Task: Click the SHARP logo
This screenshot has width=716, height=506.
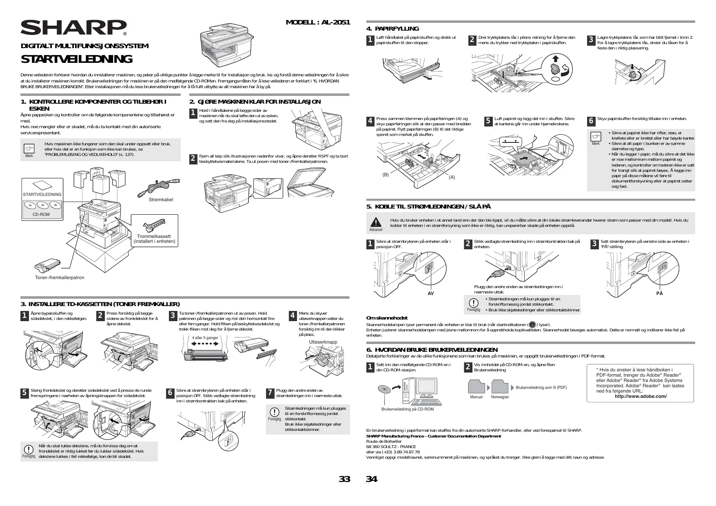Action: point(73,28)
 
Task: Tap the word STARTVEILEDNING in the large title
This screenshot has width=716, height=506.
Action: point(77,60)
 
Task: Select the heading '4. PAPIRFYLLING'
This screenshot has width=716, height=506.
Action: point(392,29)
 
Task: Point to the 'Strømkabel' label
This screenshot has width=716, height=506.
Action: point(161,200)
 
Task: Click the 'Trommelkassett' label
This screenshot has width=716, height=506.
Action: point(154,236)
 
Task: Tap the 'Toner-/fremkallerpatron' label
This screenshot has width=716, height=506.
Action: point(60,277)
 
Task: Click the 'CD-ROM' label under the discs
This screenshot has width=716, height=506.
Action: point(41,214)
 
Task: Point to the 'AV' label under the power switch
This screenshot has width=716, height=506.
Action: point(430,293)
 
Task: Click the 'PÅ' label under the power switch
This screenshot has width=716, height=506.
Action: point(660,293)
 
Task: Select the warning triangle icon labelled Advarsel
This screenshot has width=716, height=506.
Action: point(375,222)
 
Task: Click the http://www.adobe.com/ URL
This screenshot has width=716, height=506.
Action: point(641,396)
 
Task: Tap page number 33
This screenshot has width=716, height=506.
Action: point(345,479)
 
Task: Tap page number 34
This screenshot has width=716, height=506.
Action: point(371,479)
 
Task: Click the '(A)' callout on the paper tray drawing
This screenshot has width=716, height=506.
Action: point(452,177)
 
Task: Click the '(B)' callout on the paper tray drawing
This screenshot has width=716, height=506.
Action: point(386,175)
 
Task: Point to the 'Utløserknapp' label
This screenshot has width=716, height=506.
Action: point(323,342)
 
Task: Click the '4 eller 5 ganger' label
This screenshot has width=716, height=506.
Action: point(205,338)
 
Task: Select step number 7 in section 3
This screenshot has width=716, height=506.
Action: point(270,393)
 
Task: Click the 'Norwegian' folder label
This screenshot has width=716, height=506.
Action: point(500,397)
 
